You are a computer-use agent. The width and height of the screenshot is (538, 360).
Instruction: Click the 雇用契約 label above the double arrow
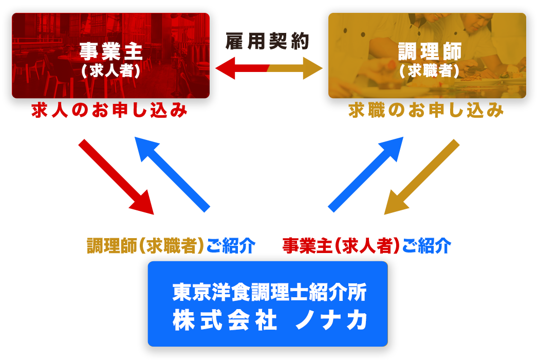267,41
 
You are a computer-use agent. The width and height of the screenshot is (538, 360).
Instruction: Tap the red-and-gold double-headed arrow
269,68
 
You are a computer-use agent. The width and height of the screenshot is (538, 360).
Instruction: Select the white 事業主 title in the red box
111,51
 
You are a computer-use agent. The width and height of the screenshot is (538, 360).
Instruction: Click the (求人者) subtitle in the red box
111,71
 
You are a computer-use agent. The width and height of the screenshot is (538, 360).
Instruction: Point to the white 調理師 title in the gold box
430,51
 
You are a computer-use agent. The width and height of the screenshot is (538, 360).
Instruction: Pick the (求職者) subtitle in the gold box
429,71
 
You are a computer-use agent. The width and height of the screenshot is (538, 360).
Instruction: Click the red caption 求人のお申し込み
109,111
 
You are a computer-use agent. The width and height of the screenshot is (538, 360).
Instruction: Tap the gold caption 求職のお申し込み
426,111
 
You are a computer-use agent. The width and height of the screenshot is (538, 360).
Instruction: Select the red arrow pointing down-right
116,177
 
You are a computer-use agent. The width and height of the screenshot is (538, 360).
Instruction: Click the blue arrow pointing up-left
172,174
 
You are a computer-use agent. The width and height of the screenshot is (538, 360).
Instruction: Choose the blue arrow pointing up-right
366,174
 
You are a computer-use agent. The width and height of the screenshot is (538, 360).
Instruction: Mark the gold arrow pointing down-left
422,177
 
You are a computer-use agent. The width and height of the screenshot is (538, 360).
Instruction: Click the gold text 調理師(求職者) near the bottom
146,246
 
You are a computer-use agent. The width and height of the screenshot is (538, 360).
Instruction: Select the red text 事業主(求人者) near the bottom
341,246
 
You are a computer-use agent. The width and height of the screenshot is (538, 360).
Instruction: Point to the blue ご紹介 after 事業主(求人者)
426,246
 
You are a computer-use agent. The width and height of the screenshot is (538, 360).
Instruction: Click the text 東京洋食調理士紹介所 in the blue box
270,292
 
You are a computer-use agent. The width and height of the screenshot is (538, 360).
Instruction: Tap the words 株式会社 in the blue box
225,320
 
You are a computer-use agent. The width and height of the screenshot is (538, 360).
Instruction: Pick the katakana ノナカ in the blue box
331,320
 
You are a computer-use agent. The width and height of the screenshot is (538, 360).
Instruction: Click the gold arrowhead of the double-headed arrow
313,68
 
